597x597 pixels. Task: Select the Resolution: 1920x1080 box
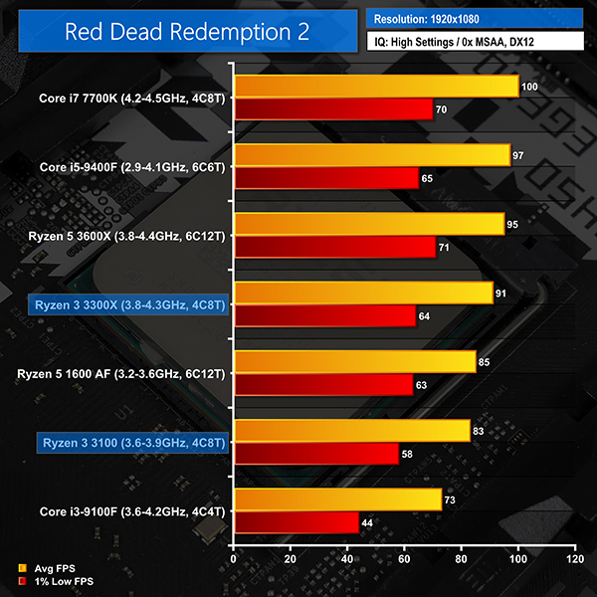475,18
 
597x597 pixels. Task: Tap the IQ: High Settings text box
475,43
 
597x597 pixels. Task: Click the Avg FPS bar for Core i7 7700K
375,88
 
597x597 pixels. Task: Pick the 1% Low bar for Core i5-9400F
325,178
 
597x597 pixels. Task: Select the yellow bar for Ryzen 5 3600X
368,225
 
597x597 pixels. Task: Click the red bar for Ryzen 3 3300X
323,315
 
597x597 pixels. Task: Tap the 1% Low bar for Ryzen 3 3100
314,453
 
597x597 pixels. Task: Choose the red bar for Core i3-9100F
295,521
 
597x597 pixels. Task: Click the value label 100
529,88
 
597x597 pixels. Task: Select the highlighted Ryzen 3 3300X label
129,304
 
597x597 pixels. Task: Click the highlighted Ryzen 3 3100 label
134,442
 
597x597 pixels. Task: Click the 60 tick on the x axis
404,560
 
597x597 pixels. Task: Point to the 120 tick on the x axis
574,560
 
